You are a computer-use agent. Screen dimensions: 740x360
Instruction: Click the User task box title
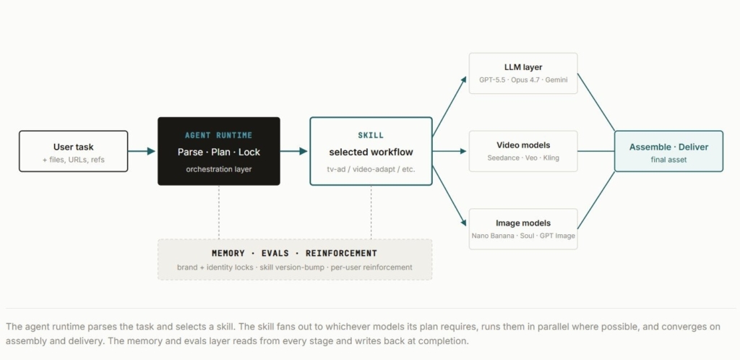click(x=73, y=147)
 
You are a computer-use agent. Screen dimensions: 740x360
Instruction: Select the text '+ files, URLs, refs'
click(x=73, y=160)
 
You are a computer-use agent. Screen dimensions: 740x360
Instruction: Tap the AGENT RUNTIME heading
click(x=218, y=135)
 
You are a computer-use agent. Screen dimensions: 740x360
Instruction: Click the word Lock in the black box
click(x=249, y=153)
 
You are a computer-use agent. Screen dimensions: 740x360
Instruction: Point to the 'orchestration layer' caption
click(x=218, y=169)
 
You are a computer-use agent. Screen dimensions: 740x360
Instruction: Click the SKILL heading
click(x=371, y=135)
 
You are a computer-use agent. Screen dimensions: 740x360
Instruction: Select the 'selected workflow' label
click(x=371, y=153)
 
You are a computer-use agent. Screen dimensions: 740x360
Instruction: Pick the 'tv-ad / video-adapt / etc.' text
click(x=371, y=169)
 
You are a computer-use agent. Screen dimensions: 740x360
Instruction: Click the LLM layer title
click(x=523, y=67)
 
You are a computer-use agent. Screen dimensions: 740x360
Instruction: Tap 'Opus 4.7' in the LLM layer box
click(x=525, y=80)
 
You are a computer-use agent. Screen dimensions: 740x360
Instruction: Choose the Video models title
click(x=523, y=145)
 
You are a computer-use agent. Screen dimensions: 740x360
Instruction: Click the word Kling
click(x=551, y=158)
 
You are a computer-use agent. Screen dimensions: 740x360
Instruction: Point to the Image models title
click(x=523, y=223)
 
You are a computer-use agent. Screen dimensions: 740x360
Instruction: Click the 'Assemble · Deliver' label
click(x=668, y=147)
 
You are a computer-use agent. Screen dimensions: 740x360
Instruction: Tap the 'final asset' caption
click(x=668, y=160)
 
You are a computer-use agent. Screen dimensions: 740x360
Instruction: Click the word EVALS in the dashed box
click(x=275, y=253)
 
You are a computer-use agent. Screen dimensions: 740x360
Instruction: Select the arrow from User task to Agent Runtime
click(x=142, y=152)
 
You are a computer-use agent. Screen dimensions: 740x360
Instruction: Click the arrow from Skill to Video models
click(x=449, y=152)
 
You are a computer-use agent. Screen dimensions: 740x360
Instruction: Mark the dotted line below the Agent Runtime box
click(x=218, y=213)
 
